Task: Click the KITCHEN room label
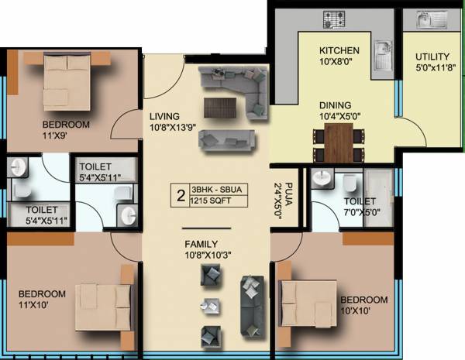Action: (x=339, y=51)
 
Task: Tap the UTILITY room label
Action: (x=431, y=57)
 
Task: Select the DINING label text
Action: (x=335, y=105)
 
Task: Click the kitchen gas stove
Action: (x=339, y=18)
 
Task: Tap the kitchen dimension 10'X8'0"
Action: (x=338, y=64)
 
